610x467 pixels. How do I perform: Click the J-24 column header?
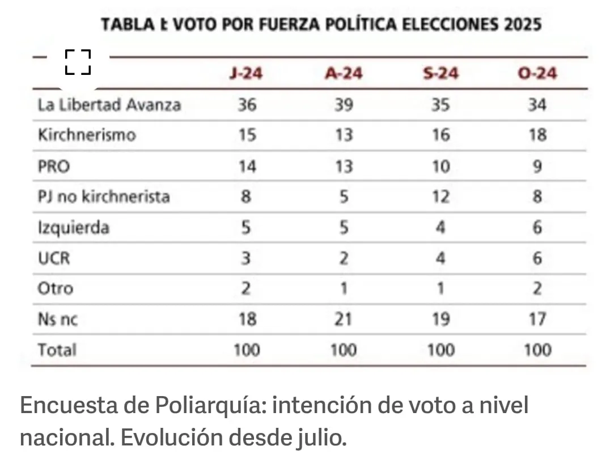click(x=246, y=74)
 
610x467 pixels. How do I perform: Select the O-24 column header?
click(x=537, y=74)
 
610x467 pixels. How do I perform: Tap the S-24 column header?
click(x=440, y=74)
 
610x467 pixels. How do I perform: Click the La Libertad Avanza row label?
click(x=109, y=105)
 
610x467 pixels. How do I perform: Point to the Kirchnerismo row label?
click(x=87, y=136)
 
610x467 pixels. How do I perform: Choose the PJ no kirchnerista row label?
click(x=104, y=197)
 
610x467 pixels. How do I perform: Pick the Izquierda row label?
click(x=74, y=228)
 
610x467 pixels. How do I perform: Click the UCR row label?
click(x=54, y=259)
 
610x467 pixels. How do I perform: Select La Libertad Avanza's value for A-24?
click(x=343, y=105)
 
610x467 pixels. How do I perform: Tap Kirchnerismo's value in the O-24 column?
click(x=537, y=136)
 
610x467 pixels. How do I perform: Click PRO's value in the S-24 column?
click(x=440, y=166)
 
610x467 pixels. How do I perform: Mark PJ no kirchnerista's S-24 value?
click(x=440, y=197)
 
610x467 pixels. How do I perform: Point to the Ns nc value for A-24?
click(x=343, y=319)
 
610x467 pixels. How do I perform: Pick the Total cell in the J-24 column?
click(x=247, y=350)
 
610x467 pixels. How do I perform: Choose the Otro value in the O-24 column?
click(x=537, y=289)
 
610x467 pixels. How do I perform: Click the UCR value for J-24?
click(x=247, y=259)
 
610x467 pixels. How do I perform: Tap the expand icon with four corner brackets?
click(x=78, y=62)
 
